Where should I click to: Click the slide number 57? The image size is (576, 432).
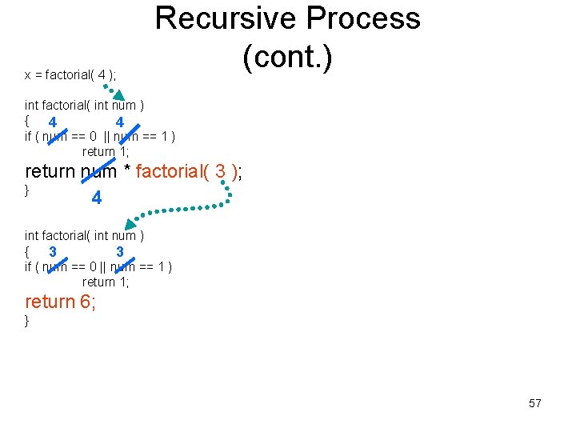535,403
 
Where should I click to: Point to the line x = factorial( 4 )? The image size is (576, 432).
70,75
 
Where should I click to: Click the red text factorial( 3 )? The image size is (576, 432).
186,170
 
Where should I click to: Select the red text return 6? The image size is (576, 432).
61,302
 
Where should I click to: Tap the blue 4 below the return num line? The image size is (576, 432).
96,198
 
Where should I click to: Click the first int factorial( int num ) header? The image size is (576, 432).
84,105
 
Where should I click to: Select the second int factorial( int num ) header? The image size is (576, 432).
84,235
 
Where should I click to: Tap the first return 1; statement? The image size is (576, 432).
105,151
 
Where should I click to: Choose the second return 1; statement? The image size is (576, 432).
105,282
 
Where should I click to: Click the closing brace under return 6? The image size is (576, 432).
27,321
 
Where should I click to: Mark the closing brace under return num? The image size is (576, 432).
27,190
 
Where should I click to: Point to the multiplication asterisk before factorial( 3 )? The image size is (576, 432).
127,171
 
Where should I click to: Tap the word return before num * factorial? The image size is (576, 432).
50,171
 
